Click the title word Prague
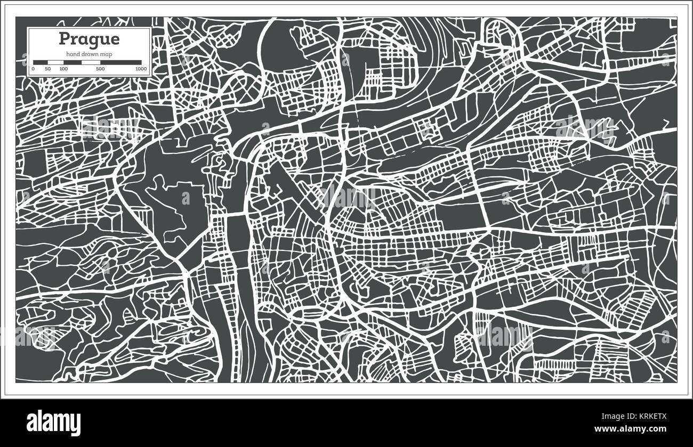pyautogui.click(x=89, y=39)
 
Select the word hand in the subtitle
pyautogui.click(x=73, y=55)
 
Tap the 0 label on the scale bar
pyautogui.click(x=33, y=69)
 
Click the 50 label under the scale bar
pyautogui.click(x=48, y=69)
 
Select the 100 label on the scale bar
pyautogui.click(x=63, y=69)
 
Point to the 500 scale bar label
pyautogui.click(x=100, y=69)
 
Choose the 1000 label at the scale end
pyautogui.click(x=141, y=69)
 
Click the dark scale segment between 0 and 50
pyautogui.click(x=41, y=62)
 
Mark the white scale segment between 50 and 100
pyautogui.click(x=55, y=62)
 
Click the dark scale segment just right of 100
pyautogui.click(x=72, y=62)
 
